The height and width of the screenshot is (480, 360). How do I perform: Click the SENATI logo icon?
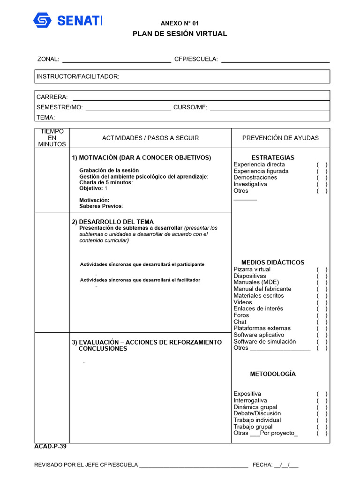pyautogui.click(x=43, y=20)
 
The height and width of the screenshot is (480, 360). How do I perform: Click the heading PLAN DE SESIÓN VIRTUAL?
pyautogui.click(x=180, y=34)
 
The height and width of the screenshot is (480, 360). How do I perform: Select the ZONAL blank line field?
pyautogui.click(x=117, y=60)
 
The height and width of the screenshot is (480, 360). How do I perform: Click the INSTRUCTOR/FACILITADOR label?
pyautogui.click(x=78, y=76)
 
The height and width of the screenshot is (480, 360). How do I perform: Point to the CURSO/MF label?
pyautogui.click(x=190, y=107)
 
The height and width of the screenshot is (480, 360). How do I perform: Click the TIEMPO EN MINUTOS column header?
pyautogui.click(x=52, y=138)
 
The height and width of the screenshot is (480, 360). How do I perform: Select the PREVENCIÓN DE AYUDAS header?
pyautogui.click(x=280, y=138)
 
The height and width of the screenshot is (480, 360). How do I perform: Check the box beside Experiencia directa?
pyautogui.click(x=322, y=165)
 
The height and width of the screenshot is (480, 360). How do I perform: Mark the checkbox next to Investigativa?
pyautogui.click(x=322, y=184)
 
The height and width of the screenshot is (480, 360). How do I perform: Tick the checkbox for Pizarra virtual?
pyautogui.click(x=322, y=270)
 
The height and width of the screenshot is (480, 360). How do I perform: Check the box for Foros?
pyautogui.click(x=322, y=315)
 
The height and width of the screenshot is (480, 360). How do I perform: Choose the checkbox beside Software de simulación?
pyautogui.click(x=322, y=342)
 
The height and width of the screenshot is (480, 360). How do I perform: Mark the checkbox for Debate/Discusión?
pyautogui.click(x=322, y=414)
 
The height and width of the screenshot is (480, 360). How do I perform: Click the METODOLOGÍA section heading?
pyautogui.click(x=273, y=374)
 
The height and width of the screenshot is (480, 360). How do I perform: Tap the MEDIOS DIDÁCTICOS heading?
pyautogui.click(x=273, y=262)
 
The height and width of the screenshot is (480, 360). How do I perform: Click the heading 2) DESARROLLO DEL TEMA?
pyautogui.click(x=112, y=222)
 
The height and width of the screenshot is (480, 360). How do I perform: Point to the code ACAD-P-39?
pyautogui.click(x=51, y=447)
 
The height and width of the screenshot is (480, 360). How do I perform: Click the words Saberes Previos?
pyautogui.click(x=101, y=206)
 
